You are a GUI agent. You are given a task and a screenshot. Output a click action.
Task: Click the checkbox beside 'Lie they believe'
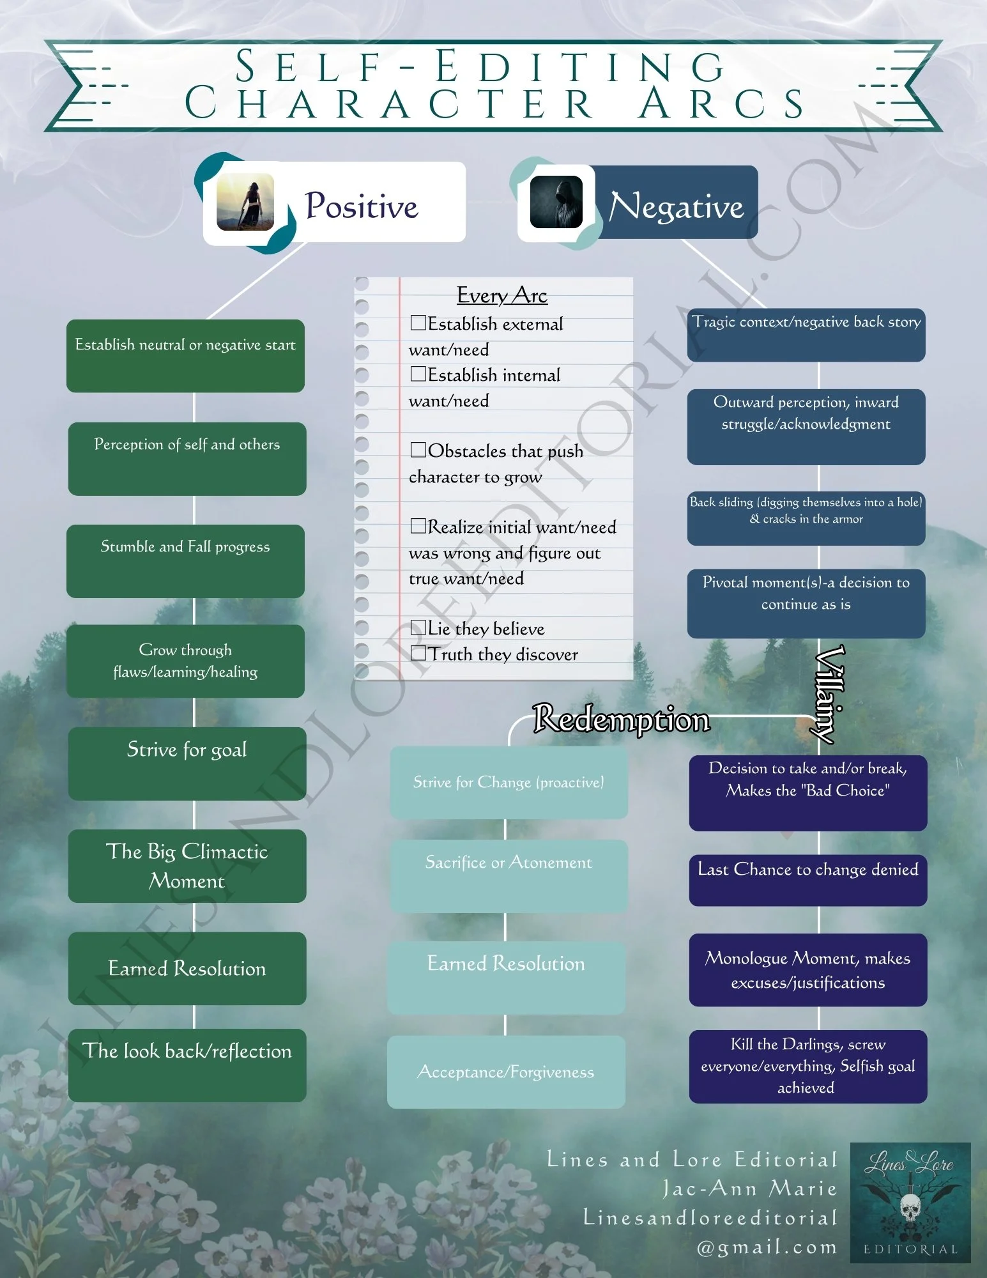point(418,627)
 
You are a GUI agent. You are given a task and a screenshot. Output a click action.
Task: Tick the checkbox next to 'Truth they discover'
point(418,653)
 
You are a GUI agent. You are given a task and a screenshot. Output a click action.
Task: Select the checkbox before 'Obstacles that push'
point(418,450)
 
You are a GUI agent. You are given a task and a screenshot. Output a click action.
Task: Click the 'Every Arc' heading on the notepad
point(502,295)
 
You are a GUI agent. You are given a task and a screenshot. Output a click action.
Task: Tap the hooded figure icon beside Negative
point(556,203)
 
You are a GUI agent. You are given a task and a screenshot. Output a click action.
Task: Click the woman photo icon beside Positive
point(245,202)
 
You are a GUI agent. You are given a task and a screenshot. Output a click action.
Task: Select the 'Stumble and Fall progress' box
point(185,561)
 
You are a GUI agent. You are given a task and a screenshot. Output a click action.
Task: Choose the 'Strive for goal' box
point(187,763)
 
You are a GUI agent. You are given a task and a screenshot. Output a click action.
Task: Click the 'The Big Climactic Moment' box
point(187,866)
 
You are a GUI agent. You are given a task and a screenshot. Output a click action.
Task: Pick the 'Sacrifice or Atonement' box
point(509,875)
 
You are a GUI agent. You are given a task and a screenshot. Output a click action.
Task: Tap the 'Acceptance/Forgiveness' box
point(506,1072)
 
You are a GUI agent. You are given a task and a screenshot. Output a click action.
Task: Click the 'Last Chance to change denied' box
point(807,880)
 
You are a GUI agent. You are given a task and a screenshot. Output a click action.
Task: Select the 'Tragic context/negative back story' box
point(806,334)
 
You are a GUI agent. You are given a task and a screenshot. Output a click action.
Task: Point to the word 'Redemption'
point(622,720)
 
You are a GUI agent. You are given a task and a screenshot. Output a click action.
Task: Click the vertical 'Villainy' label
point(829,694)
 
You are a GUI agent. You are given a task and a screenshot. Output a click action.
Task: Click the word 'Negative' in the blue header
point(677,206)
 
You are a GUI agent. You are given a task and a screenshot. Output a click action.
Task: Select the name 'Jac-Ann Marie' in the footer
point(750,1189)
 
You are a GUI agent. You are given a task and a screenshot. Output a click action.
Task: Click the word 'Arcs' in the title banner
point(722,103)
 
